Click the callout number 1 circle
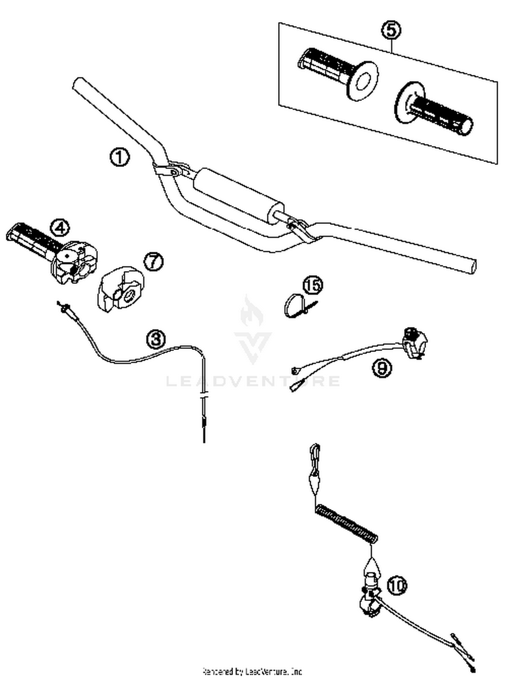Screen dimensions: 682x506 119,157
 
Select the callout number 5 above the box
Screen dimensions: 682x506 391,30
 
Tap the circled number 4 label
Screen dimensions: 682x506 60,228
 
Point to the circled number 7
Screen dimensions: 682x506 154,261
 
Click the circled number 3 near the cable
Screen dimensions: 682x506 156,339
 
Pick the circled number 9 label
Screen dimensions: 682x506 382,367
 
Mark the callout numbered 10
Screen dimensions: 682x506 397,585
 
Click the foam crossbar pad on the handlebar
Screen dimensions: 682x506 238,194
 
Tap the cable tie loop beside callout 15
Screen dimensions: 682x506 292,305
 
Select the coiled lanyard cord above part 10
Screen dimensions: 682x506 346,523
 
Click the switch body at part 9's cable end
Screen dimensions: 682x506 415,343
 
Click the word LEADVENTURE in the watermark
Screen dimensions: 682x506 253,381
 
